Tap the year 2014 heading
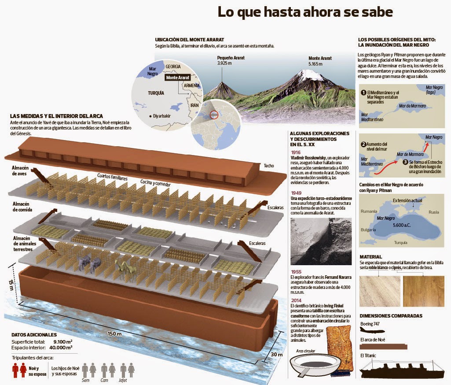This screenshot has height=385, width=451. pos(296,300)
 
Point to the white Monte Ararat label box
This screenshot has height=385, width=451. pos(178,78)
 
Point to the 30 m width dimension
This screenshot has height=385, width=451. pos(277,355)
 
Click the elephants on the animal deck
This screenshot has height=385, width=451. pos(89,263)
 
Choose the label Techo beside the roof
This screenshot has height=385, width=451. pos(269,166)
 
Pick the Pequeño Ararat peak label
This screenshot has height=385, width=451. pos(231,60)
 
